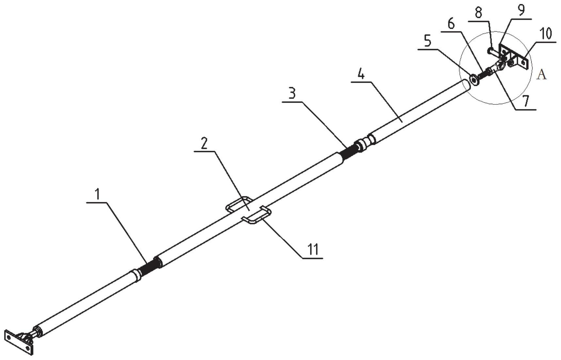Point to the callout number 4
360,74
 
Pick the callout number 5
427,41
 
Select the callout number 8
478,13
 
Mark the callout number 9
521,10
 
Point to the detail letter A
541,75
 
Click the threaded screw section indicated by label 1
149,266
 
